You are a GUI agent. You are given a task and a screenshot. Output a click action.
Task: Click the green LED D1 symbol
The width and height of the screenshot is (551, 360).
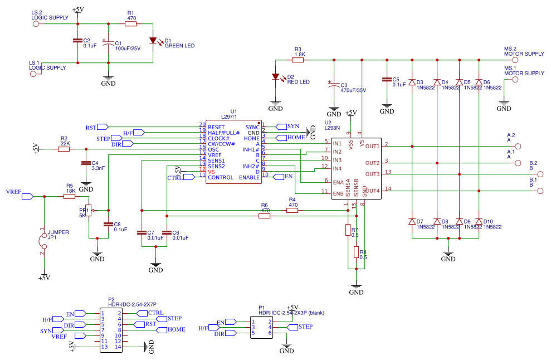point(153,41)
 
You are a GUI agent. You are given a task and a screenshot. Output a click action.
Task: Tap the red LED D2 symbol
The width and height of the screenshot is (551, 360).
point(275,77)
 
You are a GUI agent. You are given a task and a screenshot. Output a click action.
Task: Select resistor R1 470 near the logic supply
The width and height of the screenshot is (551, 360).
point(131,24)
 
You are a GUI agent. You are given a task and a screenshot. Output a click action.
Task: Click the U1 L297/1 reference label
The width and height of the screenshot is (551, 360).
point(230,114)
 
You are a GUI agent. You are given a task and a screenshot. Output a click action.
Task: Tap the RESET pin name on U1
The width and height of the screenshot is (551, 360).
point(216,128)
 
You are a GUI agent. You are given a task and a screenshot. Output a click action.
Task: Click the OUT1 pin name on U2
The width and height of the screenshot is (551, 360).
point(372,147)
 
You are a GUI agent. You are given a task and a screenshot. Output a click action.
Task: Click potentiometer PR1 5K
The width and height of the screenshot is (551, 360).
point(90,211)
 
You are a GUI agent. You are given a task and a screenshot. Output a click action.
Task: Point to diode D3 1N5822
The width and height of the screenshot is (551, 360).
point(412,82)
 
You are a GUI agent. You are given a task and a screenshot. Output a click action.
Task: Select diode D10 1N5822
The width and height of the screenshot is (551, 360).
point(479,222)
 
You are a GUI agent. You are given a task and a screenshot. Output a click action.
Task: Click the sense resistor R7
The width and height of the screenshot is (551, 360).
point(348,230)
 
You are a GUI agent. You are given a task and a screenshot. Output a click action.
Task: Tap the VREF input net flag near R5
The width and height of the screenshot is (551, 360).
point(27,196)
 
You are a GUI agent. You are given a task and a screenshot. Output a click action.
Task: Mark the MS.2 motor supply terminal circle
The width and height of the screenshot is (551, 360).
point(515,59)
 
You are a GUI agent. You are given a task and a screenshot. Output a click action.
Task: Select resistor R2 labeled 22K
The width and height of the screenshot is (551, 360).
point(65,149)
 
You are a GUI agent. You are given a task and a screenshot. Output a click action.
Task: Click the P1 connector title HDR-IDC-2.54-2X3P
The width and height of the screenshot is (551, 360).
point(284,313)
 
